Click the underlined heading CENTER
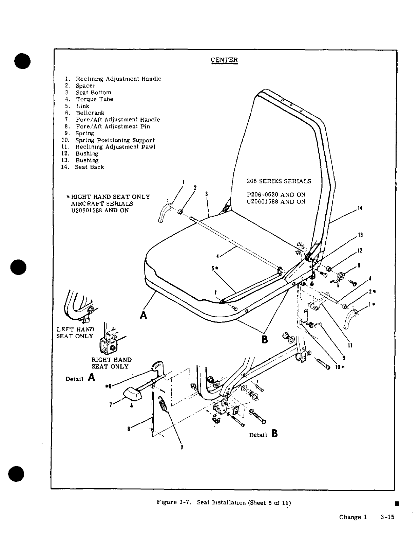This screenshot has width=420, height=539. [224, 60]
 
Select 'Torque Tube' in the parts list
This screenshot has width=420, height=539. [94, 99]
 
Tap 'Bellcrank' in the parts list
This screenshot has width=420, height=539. [90, 113]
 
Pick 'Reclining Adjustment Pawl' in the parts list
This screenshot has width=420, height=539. [115, 147]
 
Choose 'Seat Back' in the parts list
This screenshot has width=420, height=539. [90, 167]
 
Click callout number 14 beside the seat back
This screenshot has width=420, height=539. [360, 208]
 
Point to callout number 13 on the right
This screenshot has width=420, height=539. [360, 235]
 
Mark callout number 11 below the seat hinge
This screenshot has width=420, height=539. [350, 345]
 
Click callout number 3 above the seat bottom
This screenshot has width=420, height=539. [206, 194]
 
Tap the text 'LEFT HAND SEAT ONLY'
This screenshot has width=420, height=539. [75, 333]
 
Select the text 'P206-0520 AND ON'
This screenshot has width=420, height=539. [276, 195]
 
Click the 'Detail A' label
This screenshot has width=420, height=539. [80, 378]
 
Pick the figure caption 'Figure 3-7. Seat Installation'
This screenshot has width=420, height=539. [224, 502]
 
